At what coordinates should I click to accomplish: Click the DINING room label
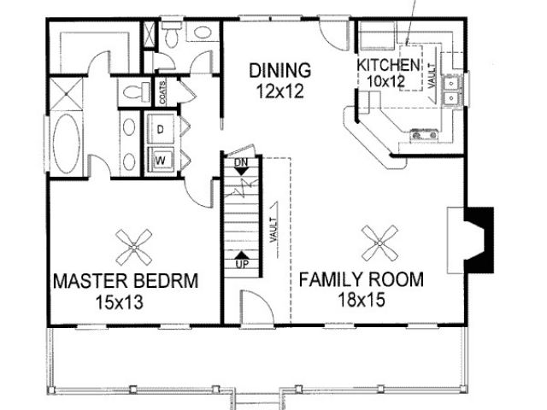(x=279, y=70)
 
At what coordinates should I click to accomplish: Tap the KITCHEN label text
(x=388, y=65)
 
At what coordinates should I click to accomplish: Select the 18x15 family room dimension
(x=362, y=300)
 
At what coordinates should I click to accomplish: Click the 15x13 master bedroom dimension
(x=120, y=302)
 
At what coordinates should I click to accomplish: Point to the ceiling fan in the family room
(x=379, y=243)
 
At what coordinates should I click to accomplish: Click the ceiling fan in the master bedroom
(x=134, y=247)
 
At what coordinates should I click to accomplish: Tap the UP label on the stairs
(x=242, y=264)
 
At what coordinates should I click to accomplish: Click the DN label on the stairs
(x=241, y=162)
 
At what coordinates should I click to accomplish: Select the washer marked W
(x=161, y=160)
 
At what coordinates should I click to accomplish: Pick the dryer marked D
(x=160, y=129)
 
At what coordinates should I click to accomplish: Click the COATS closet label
(x=162, y=92)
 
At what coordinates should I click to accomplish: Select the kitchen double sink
(x=452, y=91)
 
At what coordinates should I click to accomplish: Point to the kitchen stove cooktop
(x=424, y=134)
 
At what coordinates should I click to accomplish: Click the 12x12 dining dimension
(x=279, y=91)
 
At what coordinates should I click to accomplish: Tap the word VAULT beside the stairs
(x=273, y=230)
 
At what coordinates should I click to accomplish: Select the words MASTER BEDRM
(x=126, y=281)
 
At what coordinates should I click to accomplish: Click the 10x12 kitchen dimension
(x=385, y=82)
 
